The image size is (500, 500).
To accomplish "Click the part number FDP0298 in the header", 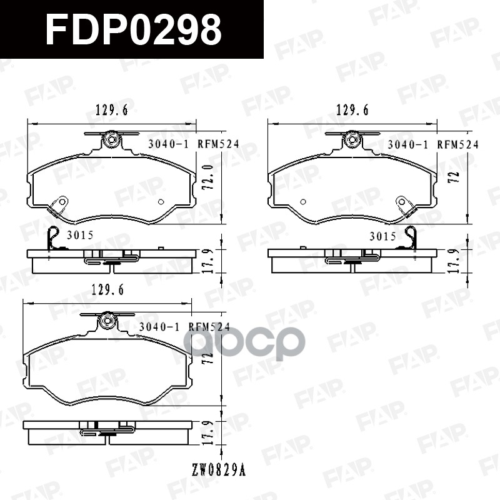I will (x=133, y=29).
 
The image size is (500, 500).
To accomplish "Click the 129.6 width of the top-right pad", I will (x=352, y=111).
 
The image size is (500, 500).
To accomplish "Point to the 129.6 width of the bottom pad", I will (x=108, y=290).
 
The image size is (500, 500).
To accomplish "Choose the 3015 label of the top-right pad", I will (x=382, y=236).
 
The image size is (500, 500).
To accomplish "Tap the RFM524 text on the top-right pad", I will (x=457, y=144).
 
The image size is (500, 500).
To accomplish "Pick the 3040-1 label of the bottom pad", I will (x=159, y=326).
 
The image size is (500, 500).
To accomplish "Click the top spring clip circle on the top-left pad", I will (x=112, y=139).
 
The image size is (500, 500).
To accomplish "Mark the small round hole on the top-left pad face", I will (x=161, y=201).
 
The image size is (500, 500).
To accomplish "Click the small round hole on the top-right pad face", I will (x=303, y=201).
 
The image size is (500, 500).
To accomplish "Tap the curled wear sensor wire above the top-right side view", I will (x=411, y=237).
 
